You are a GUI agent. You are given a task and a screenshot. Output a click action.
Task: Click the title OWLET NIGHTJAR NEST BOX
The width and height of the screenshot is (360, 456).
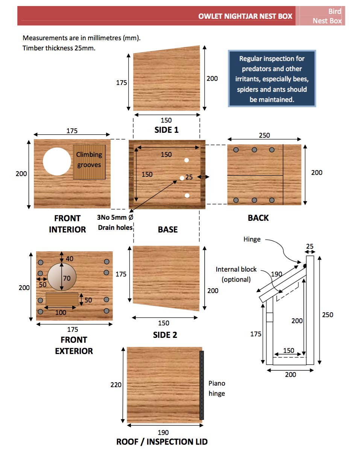point(245,16)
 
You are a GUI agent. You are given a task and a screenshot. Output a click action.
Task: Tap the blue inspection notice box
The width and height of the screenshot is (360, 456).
point(272,78)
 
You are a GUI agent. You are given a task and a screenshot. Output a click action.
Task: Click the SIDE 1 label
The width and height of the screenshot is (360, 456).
point(166,130)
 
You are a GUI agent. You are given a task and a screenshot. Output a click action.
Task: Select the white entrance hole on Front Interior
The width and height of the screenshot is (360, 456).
point(57,161)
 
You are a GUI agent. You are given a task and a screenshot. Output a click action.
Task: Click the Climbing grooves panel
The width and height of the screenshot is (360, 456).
point(89,162)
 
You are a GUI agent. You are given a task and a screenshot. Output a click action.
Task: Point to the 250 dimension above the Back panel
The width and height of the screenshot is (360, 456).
point(264,135)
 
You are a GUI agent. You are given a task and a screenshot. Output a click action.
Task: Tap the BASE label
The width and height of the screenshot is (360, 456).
point(168,230)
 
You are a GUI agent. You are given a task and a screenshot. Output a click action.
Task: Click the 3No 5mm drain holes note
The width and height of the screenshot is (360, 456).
point(115,222)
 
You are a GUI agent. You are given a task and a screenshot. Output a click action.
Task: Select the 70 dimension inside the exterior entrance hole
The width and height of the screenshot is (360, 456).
point(67,278)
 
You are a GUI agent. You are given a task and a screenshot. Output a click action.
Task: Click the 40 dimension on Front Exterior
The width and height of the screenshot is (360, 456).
point(70,259)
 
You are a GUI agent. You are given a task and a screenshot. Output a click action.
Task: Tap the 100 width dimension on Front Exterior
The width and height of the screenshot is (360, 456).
point(61,313)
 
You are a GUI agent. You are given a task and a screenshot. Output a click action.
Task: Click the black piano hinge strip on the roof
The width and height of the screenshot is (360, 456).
point(202,385)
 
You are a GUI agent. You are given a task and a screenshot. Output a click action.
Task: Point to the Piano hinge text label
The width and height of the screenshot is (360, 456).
point(217,388)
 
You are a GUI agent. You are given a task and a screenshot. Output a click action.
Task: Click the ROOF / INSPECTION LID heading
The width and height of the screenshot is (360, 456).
point(162,442)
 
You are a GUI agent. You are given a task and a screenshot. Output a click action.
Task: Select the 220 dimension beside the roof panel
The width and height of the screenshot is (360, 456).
point(116,385)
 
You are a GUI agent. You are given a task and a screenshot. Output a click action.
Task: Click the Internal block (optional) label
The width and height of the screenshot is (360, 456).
point(236,274)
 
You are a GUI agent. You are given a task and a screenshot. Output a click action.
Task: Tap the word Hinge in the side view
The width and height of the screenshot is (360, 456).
point(252,239)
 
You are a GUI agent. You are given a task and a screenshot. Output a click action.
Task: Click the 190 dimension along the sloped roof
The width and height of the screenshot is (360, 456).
point(276,274)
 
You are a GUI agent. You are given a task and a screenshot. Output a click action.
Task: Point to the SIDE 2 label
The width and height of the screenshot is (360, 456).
point(165,335)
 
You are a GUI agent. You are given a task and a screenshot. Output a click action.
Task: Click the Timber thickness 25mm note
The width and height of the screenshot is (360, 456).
point(59,48)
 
